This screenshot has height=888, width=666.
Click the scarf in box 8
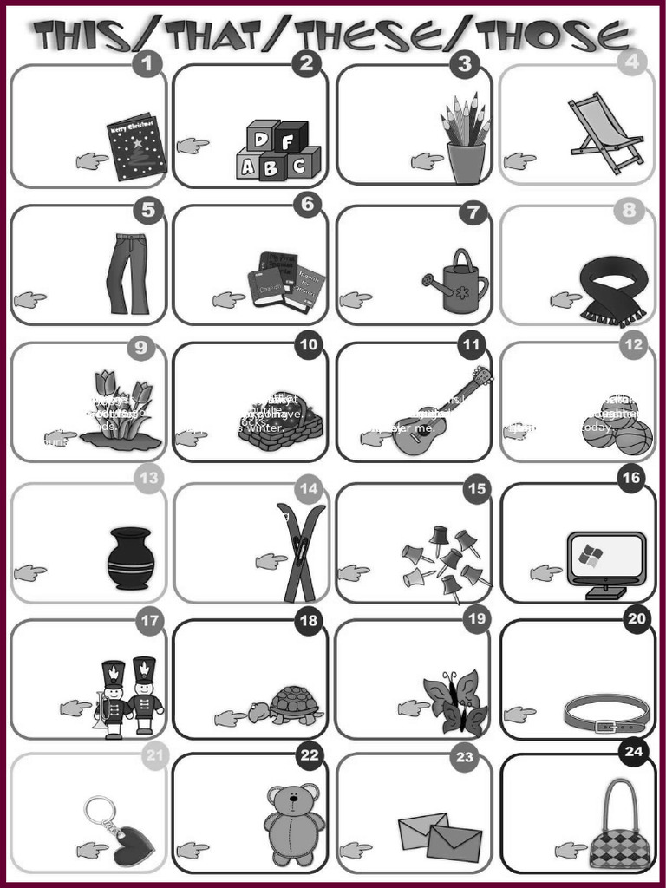pyautogui.click(x=613, y=290)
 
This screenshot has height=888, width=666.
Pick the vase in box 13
pyautogui.click(x=131, y=559)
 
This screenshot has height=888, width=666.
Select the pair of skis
pyautogui.click(x=300, y=553)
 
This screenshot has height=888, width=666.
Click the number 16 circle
pyautogui.click(x=630, y=478)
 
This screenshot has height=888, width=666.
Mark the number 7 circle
pyautogui.click(x=472, y=212)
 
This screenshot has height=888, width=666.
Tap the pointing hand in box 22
pyautogui.click(x=193, y=849)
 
